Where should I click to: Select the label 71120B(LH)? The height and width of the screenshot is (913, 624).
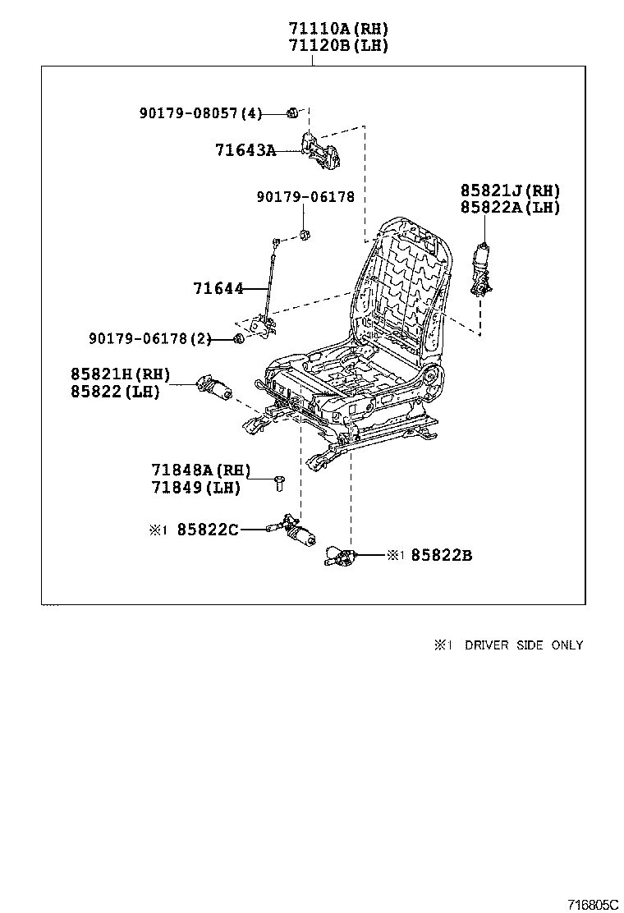click(337, 46)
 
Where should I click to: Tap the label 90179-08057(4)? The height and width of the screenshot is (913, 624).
click(200, 112)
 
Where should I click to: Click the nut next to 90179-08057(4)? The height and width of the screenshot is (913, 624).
click(291, 112)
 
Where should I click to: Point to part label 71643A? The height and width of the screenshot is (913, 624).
click(245, 150)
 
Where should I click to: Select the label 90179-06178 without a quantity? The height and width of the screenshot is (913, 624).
click(305, 197)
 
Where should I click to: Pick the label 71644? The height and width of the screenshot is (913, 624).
click(218, 289)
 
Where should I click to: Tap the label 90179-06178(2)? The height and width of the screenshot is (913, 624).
click(149, 338)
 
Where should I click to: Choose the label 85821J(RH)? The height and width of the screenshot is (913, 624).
click(509, 190)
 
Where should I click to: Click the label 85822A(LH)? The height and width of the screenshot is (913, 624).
click(509, 208)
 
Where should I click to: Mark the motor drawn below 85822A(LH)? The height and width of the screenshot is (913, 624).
click(481, 271)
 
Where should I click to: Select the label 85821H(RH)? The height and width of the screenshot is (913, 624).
click(120, 374)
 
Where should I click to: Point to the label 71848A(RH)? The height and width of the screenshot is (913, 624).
click(200, 470)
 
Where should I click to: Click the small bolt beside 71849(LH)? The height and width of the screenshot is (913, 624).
click(278, 484)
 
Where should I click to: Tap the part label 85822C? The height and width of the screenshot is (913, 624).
click(209, 530)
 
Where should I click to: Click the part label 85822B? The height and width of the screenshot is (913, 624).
click(441, 556)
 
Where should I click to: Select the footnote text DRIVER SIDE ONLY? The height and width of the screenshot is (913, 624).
click(523, 645)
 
